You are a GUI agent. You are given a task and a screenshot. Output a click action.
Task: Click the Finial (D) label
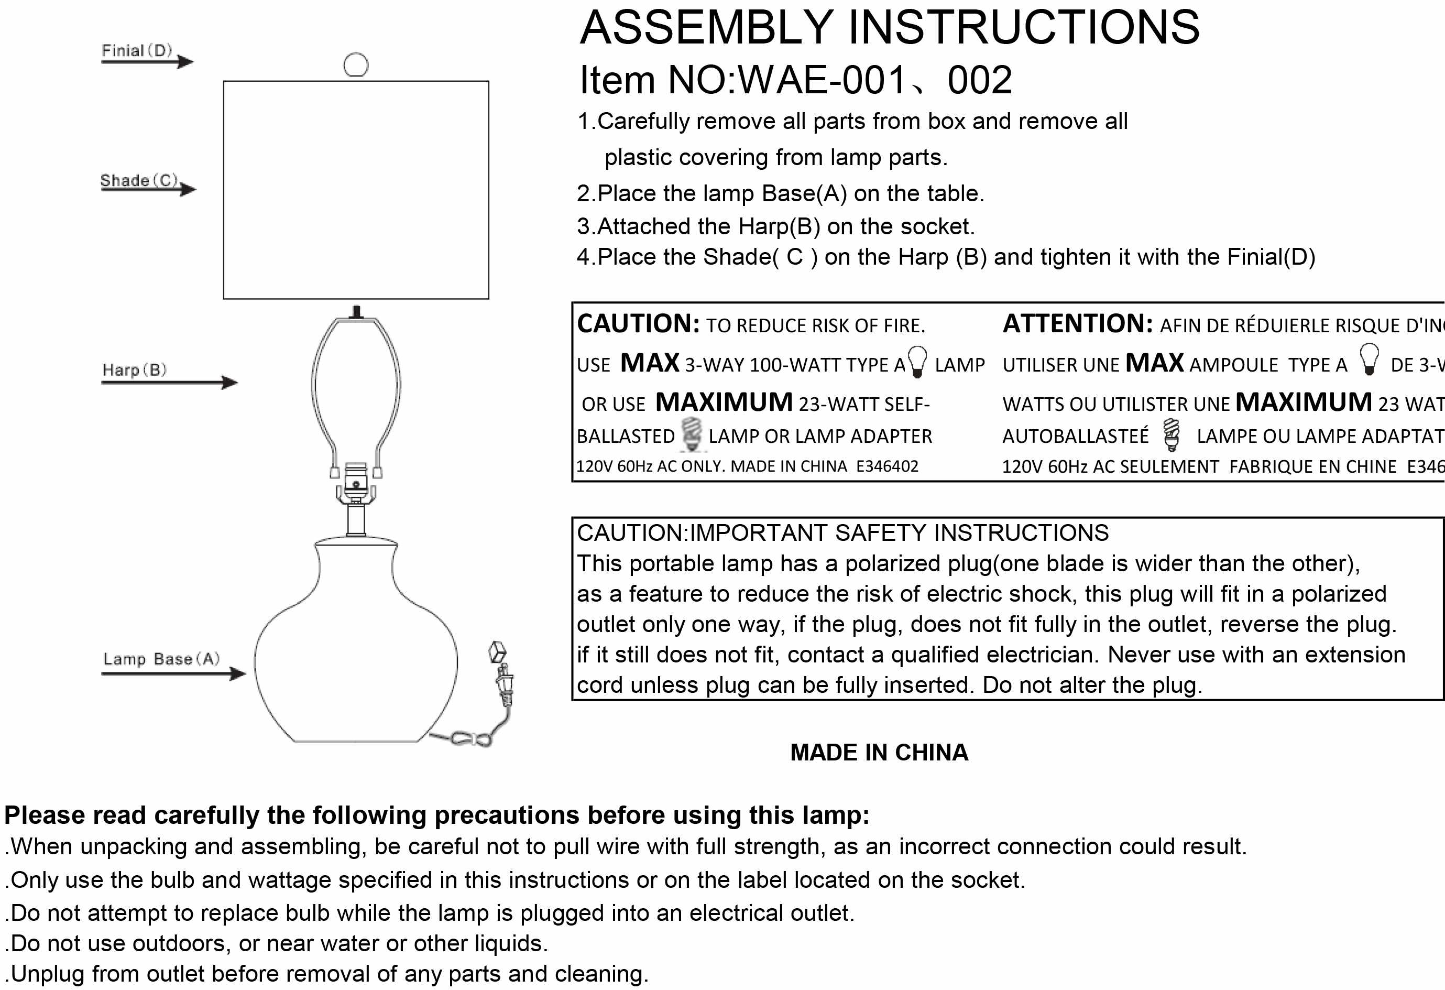[137, 50]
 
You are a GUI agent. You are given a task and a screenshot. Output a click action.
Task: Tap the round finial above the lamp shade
[356, 64]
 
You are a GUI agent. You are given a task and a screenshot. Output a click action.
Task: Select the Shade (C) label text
[139, 180]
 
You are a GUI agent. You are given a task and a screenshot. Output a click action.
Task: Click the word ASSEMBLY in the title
[706, 27]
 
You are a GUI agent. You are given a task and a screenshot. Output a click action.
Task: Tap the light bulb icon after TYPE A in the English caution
[917, 361]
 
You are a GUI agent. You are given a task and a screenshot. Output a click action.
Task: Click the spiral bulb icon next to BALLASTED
[692, 433]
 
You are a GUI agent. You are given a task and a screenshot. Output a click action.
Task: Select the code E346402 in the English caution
[886, 466]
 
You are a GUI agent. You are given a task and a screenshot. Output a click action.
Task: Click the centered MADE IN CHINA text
[879, 753]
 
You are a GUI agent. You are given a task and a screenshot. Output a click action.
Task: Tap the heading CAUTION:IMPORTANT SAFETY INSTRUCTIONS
[842, 533]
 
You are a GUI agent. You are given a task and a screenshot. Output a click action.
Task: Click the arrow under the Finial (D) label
[148, 61]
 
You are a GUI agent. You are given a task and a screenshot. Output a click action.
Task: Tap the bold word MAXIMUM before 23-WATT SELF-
[724, 402]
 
